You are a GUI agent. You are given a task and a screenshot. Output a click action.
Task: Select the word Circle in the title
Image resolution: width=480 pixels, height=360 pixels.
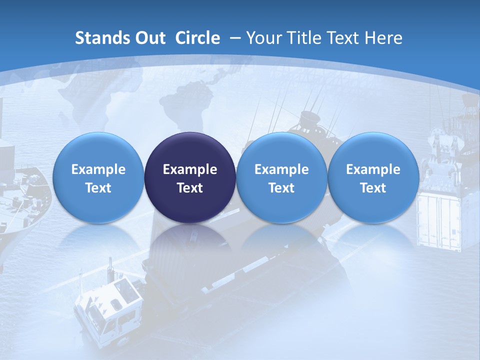(197, 38)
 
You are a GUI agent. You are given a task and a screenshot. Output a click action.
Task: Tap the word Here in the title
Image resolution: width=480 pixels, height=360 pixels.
(383, 38)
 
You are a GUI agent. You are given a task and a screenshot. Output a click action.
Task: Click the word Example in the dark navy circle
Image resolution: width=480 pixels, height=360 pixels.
(190, 169)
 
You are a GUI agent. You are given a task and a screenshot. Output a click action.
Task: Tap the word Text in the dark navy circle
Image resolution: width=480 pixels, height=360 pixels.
(190, 188)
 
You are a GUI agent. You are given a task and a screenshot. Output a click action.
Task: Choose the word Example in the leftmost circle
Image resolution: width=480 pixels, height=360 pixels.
(98, 169)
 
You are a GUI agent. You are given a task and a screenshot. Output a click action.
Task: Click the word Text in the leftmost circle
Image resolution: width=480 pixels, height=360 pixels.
(98, 188)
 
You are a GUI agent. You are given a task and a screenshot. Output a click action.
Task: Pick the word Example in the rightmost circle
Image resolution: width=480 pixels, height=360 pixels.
(373, 169)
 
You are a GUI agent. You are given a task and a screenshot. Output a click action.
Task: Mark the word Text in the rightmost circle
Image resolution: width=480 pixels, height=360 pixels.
(373, 188)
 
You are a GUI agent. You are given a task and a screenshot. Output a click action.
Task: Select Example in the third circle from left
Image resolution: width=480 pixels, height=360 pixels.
(281, 169)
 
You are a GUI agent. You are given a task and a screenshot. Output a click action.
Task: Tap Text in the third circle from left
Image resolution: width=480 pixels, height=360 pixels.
(281, 188)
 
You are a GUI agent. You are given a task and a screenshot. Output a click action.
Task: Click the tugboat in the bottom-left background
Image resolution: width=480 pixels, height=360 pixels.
(107, 310)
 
